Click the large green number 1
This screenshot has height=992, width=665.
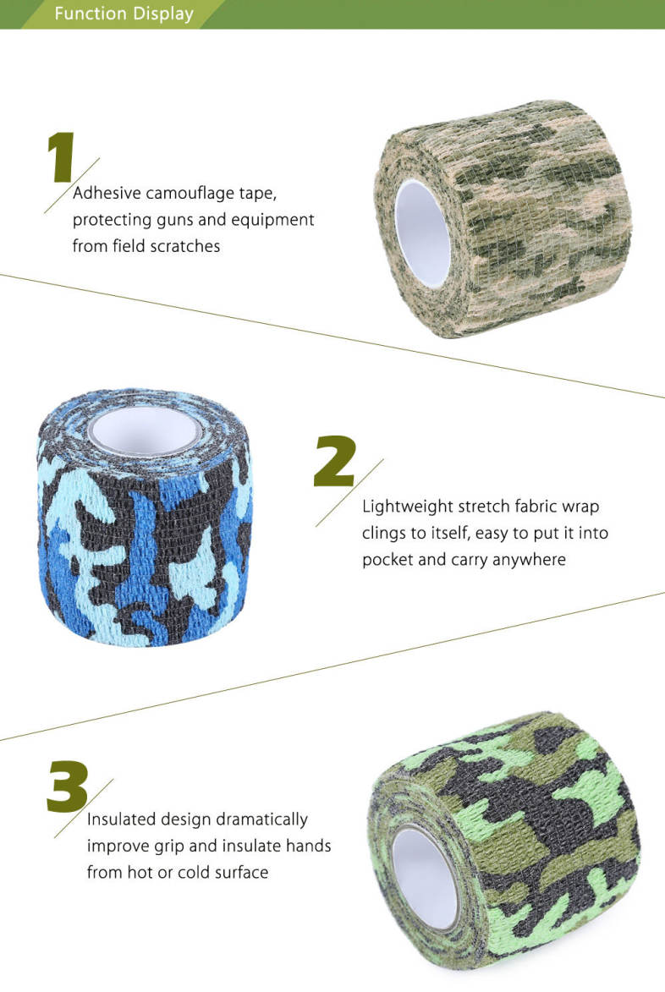point(62,157)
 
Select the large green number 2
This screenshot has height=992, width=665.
point(335,461)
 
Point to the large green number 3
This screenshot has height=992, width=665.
point(68,786)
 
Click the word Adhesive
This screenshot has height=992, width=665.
point(107,192)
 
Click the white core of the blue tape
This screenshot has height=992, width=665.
point(146,430)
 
